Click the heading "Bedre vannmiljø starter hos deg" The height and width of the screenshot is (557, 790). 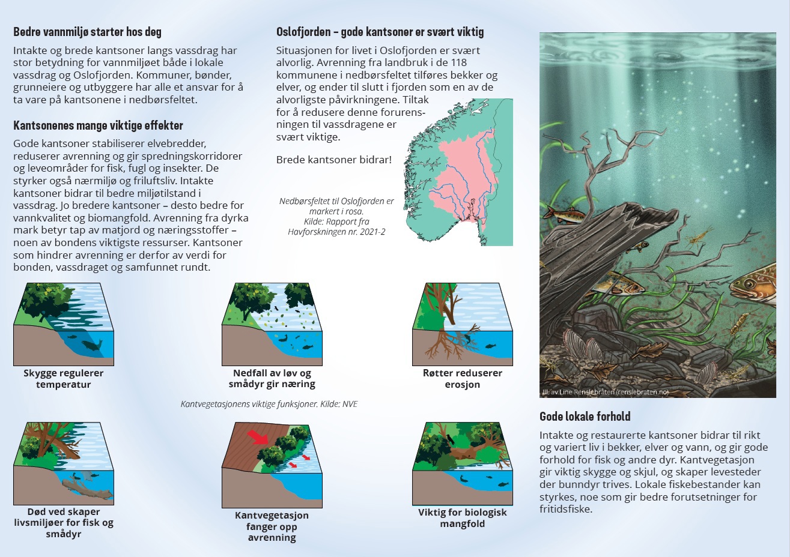click(88, 32)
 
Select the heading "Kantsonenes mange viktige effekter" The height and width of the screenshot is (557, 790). click(98, 125)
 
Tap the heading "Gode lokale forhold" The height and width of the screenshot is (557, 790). click(585, 416)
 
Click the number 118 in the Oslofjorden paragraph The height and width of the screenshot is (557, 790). click(459, 62)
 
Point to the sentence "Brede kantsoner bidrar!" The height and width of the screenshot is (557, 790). click(333, 160)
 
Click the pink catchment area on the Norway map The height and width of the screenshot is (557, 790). click(466, 176)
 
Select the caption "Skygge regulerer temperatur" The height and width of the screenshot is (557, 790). click(64, 378)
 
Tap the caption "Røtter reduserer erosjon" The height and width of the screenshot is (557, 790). click(463, 378)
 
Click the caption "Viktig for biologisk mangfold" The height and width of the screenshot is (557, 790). click(463, 517)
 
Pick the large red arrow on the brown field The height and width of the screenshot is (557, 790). click(258, 437)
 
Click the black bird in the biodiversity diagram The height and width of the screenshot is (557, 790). click(449, 439)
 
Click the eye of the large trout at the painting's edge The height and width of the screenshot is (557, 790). click(749, 283)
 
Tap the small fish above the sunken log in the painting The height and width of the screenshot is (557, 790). click(564, 214)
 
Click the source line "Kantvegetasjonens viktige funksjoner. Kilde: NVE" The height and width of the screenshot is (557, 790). click(269, 404)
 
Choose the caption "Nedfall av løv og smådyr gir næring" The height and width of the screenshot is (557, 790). click(272, 378)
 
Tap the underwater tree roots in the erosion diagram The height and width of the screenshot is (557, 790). click(445, 344)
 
